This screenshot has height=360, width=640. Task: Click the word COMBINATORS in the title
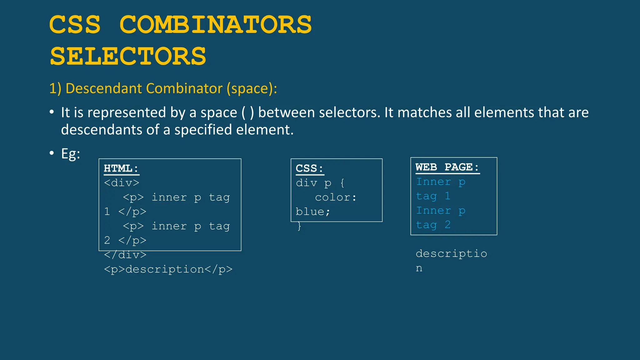click(x=216, y=25)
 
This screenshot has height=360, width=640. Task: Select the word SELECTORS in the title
click(x=128, y=57)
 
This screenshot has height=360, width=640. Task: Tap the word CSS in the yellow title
click(x=75, y=25)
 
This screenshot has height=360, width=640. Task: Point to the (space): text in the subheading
click(x=252, y=88)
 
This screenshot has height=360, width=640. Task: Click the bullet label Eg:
click(x=70, y=154)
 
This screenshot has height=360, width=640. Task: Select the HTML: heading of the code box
click(x=121, y=168)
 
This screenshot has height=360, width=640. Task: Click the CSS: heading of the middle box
click(x=309, y=168)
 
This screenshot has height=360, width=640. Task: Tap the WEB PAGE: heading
click(x=447, y=167)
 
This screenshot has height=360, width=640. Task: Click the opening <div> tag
click(x=122, y=182)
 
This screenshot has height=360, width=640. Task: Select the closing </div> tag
click(x=125, y=255)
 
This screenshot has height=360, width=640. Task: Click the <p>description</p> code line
click(x=168, y=269)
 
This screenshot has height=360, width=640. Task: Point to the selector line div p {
click(x=320, y=182)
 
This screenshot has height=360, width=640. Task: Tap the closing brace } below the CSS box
click(x=299, y=226)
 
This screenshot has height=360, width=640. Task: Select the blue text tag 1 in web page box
click(x=433, y=196)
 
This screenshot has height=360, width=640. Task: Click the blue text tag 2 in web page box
click(x=433, y=225)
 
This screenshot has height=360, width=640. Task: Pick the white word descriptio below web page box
click(x=451, y=253)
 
